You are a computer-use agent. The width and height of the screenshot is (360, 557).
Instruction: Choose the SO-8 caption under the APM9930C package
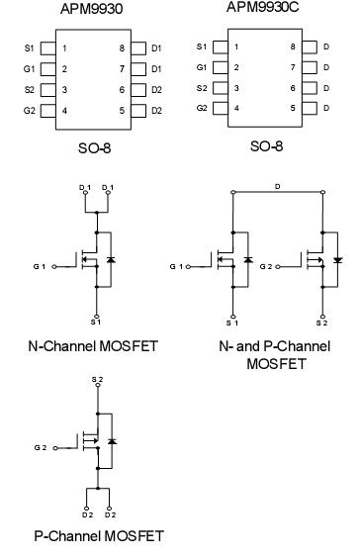coord(264,145)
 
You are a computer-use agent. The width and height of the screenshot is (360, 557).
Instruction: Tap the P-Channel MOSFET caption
coord(84,535)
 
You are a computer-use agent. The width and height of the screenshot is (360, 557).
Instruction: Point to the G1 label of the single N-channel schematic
coord(38,266)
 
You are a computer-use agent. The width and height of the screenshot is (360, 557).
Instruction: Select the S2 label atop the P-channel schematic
coord(97,379)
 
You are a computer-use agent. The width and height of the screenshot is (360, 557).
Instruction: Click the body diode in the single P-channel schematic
coord(111,440)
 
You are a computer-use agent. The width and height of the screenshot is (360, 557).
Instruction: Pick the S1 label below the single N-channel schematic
coord(96,322)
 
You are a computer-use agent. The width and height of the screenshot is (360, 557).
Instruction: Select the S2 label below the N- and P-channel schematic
coord(319,322)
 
